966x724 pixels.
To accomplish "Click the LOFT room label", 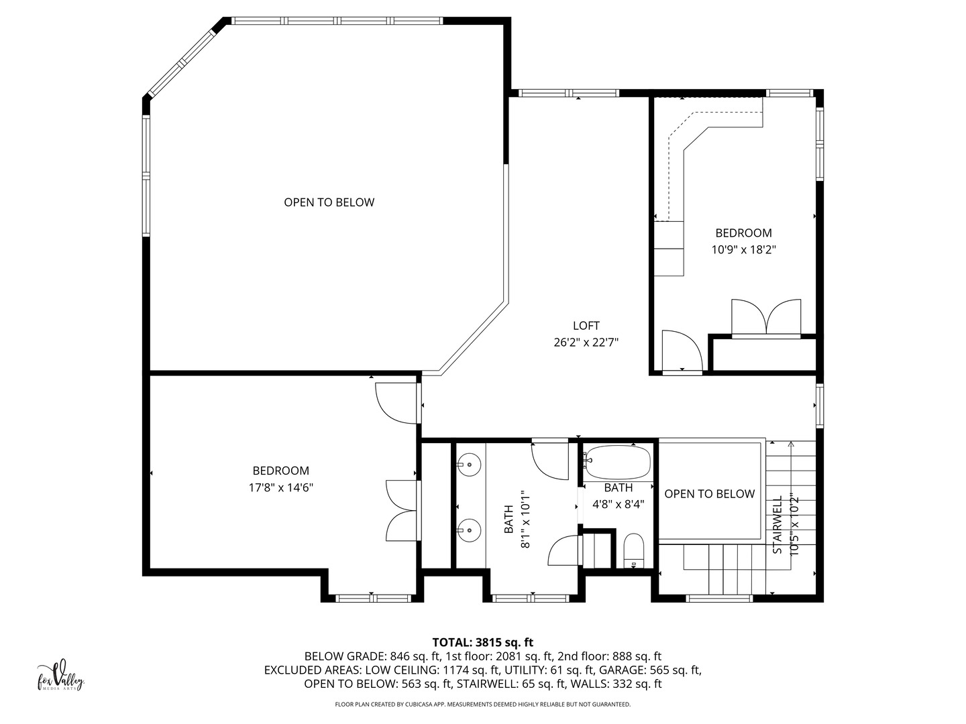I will tap(586, 326).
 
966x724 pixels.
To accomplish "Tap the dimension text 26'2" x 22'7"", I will tap(586, 343).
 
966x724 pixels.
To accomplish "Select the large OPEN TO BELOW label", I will tap(329, 202).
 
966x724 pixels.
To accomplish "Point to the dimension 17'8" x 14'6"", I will tap(280, 487).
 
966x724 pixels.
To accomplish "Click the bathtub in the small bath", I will tap(617, 461).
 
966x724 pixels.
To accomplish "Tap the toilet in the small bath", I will tap(633, 551).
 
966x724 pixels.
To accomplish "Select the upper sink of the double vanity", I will tap(470, 463).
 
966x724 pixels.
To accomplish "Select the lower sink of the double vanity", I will tap(470, 529).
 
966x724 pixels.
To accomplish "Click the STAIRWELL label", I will tap(778, 525).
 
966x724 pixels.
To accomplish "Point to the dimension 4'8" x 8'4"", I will tap(618, 504).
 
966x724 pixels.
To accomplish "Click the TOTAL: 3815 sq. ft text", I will tap(482, 642).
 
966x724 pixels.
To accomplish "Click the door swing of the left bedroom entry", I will tap(396, 404).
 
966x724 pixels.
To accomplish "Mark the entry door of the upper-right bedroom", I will tap(681, 351).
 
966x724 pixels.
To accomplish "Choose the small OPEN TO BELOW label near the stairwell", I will tap(709, 494).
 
